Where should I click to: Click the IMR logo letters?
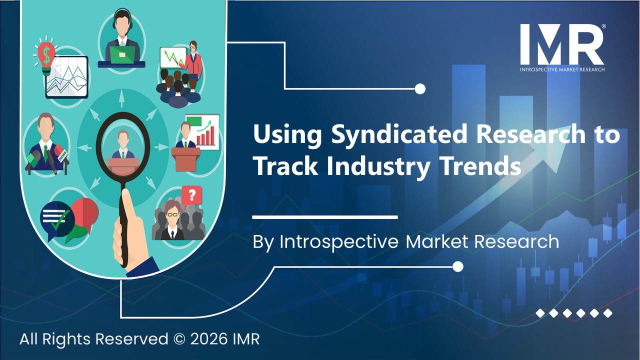tap(561, 44)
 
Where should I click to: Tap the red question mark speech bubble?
tap(191, 194)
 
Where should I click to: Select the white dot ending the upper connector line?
tap(420, 89)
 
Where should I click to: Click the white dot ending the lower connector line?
tap(457, 266)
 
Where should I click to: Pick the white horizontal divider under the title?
tap(325, 217)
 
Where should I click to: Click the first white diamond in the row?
tap(540, 313)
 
